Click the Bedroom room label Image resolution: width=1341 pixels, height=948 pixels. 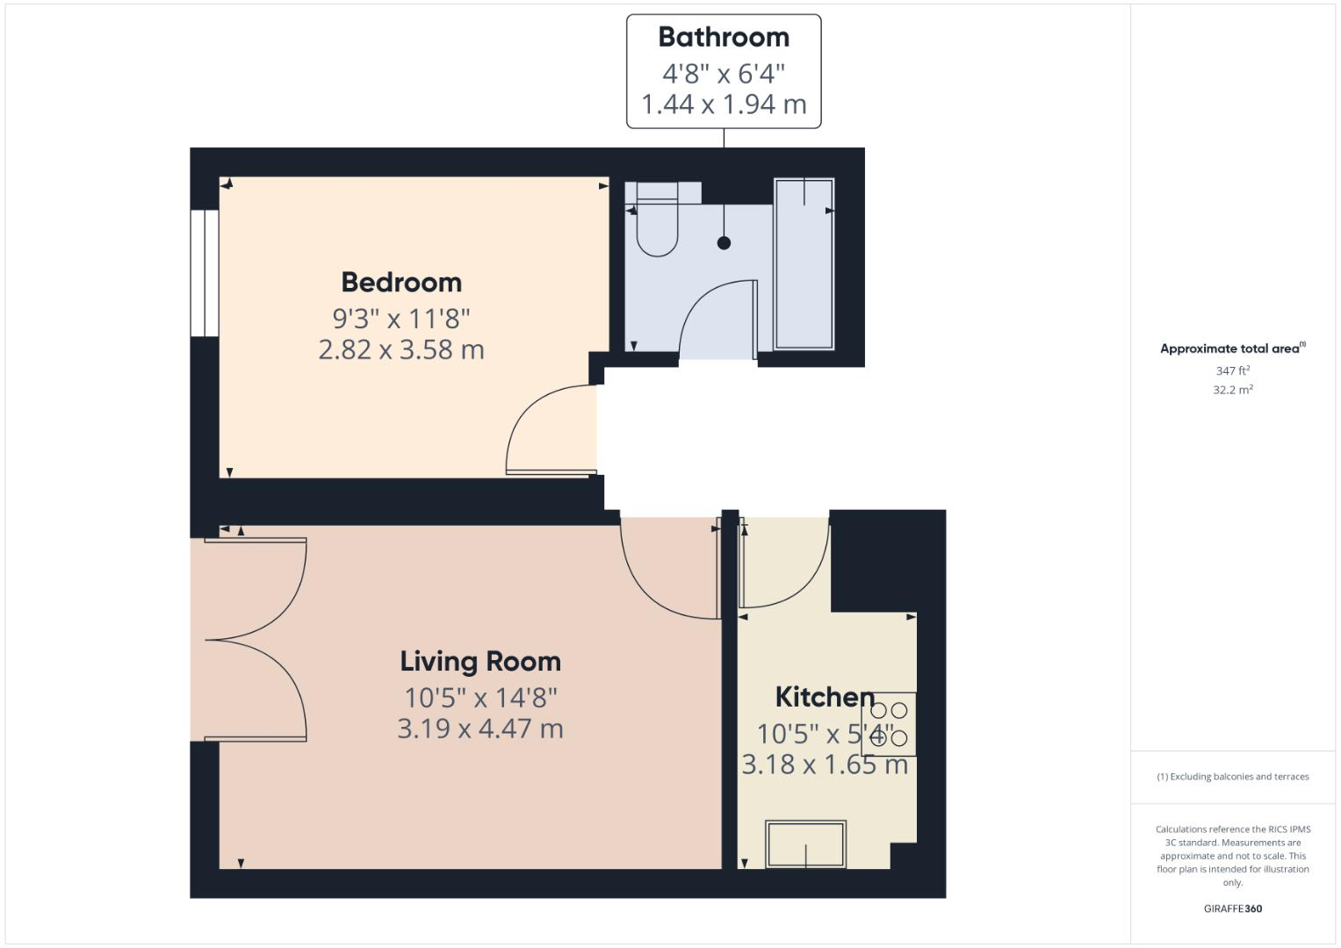click(x=401, y=283)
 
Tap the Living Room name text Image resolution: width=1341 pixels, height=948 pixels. click(x=480, y=662)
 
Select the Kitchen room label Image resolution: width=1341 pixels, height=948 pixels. click(x=825, y=698)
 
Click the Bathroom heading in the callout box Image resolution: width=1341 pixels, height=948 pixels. click(x=724, y=38)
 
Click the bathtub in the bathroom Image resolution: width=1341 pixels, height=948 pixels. click(x=804, y=263)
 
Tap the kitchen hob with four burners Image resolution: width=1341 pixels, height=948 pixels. click(x=889, y=724)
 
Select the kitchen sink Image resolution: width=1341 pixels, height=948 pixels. click(x=805, y=844)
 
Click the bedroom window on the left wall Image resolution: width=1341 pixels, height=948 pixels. click(x=205, y=272)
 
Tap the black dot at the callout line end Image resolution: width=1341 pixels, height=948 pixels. click(x=724, y=243)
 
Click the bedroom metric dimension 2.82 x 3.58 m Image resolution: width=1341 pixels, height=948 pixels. click(x=401, y=350)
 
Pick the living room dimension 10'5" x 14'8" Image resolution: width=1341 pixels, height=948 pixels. click(x=480, y=698)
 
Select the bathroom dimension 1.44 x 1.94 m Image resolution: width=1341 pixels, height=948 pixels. click(x=724, y=104)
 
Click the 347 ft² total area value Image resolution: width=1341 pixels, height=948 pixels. click(x=1233, y=371)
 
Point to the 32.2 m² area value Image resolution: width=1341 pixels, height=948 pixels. click(x=1233, y=391)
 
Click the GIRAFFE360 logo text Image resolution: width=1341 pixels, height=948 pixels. click(x=1233, y=909)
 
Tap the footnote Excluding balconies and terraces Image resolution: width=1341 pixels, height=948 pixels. click(x=1233, y=777)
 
